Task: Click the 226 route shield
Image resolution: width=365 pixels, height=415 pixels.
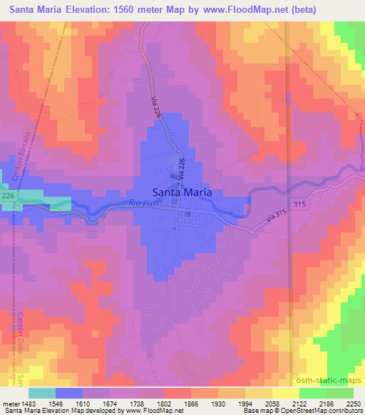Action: coord(8,194)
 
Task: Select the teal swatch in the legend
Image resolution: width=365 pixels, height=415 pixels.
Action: coord(42,393)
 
